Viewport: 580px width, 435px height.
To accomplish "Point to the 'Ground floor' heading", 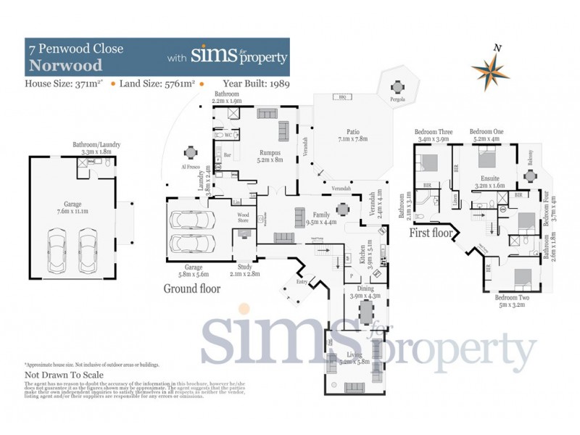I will pos(192,289).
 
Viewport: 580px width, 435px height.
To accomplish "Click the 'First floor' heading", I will pos(431,234).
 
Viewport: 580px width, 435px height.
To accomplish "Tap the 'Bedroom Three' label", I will pos(432,131).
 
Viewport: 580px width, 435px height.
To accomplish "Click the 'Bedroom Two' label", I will pos(513,297).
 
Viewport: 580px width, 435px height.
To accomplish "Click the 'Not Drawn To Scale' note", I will pos(65,376).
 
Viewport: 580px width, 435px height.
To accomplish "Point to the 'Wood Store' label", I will pos(244,218).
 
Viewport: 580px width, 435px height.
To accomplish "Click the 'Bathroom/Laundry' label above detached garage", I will pos(96,144).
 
